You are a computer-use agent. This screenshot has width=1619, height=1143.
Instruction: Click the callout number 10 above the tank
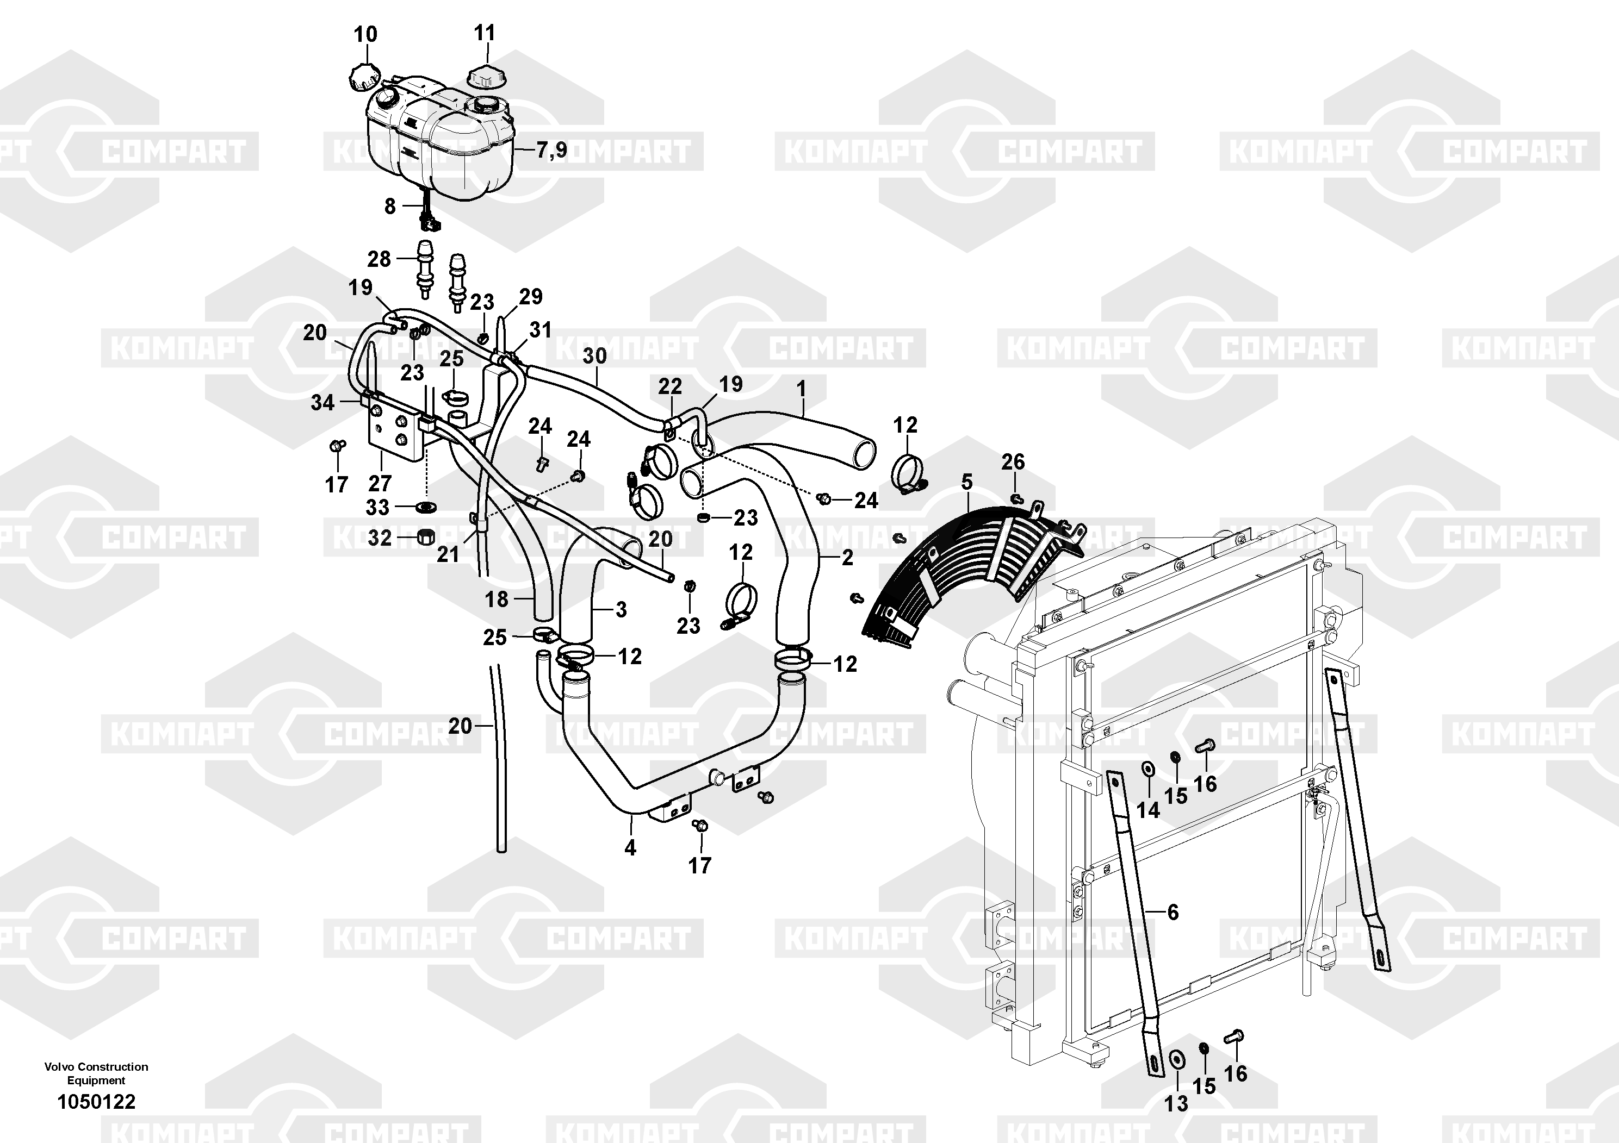[365, 34]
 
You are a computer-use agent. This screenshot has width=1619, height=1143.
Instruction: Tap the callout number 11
[485, 33]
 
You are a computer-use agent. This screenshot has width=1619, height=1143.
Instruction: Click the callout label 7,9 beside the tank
[551, 149]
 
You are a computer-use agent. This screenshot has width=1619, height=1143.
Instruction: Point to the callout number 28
[380, 259]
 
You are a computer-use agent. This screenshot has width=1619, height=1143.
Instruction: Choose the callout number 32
[380, 539]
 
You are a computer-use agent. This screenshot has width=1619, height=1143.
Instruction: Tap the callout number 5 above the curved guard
[967, 482]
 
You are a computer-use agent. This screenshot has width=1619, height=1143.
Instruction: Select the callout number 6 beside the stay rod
[1173, 912]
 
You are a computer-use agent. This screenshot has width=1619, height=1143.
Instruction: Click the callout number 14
[1148, 810]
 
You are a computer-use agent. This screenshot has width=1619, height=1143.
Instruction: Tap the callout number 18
[497, 599]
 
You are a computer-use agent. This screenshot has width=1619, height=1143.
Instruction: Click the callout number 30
[594, 356]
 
